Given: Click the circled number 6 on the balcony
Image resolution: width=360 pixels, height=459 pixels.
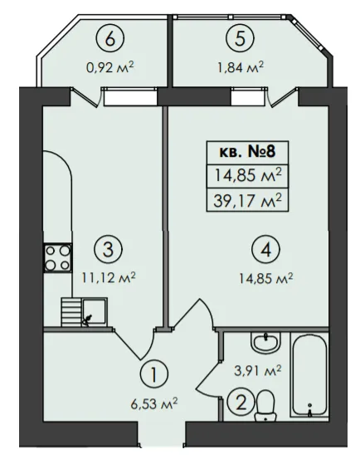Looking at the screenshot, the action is coord(110,40).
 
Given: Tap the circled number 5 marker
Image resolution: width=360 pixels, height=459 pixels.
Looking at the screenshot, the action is coord(240,38).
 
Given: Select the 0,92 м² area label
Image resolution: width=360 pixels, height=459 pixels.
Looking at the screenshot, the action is coord(109,68).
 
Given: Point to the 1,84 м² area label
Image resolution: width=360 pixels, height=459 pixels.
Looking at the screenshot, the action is coord(240,67).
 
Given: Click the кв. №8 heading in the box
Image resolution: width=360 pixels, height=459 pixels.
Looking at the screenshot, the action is coord(247,153).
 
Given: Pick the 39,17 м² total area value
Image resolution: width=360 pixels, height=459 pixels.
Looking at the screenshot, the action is coord(247,202).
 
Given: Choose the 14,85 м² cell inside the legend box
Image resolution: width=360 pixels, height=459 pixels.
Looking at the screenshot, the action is coord(247,176).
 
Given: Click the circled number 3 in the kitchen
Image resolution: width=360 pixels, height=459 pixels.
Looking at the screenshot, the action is coord(108,250).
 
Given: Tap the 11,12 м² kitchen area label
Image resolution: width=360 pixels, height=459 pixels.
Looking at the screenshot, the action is coord(109,277).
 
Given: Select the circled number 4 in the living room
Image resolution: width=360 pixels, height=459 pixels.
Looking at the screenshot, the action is coord(265,251).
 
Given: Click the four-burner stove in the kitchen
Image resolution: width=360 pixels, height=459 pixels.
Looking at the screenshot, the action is coord(57,258).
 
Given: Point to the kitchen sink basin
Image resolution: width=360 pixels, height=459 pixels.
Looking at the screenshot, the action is coord(95,311).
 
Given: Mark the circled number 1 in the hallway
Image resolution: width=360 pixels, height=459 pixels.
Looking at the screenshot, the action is coord(154,374).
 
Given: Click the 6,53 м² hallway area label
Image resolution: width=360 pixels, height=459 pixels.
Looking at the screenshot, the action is coord(154,404).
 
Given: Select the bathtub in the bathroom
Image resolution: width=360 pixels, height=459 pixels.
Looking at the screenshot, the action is coord(309,375).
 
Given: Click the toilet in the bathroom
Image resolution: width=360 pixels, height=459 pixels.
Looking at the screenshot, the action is coord(265,406).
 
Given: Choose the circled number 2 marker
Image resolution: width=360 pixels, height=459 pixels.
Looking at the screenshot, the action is coord(241,404).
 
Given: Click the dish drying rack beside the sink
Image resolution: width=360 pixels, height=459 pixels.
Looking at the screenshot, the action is coord(71,311).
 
